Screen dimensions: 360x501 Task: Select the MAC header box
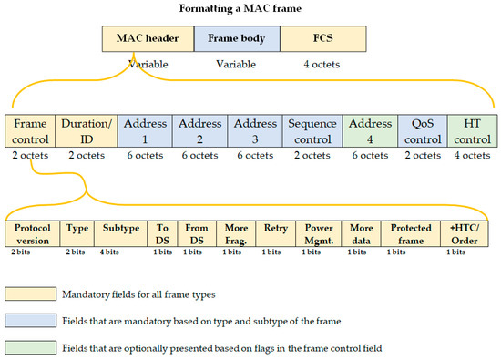147,40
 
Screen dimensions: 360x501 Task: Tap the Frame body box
235,40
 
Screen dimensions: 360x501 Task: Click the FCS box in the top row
323,40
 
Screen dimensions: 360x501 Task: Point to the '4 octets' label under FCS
323,65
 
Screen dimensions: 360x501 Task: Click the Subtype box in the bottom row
115,232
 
